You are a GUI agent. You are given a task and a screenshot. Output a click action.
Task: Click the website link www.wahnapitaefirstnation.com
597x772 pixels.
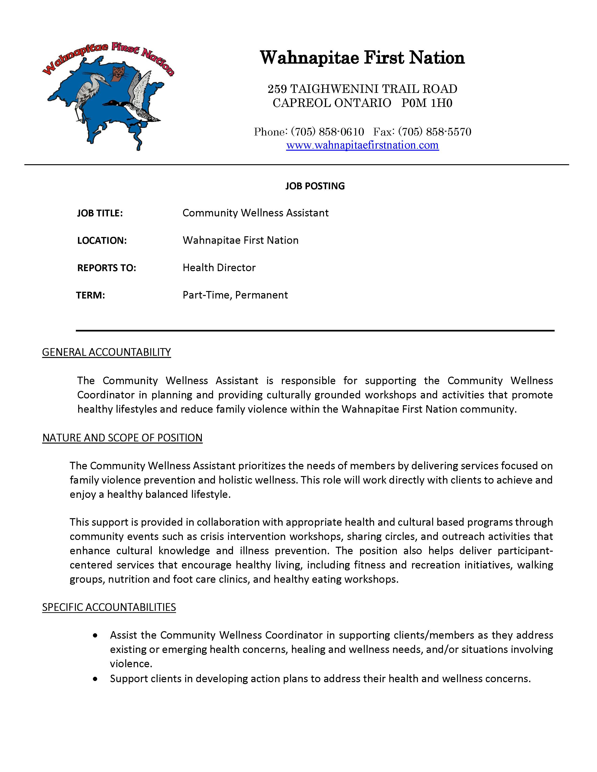point(362,145)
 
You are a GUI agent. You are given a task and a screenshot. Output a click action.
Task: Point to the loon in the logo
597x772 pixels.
point(131,108)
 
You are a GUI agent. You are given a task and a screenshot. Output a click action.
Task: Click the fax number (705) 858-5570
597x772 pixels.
point(435,132)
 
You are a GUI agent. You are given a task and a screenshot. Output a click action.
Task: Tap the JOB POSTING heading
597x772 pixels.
point(315,186)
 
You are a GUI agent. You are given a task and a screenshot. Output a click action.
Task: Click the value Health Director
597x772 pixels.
point(219,268)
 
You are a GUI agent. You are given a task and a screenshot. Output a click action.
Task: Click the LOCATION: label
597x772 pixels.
point(102,241)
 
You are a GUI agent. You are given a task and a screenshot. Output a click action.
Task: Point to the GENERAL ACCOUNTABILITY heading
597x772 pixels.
point(107,352)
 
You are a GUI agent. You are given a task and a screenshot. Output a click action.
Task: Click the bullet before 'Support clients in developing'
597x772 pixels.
point(95,679)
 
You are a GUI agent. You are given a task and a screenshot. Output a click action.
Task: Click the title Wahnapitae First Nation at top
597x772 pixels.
point(362,58)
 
